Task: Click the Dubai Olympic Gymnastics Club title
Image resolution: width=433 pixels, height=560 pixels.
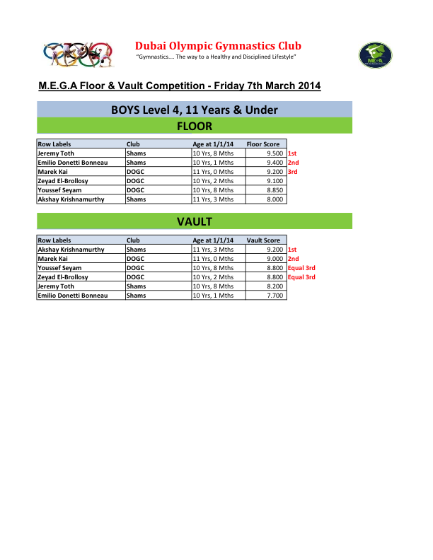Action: (x=218, y=46)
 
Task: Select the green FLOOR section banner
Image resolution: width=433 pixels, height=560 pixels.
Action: (x=194, y=127)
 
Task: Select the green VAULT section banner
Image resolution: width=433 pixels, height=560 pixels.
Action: (x=194, y=222)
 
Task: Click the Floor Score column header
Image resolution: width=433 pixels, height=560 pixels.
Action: (x=263, y=144)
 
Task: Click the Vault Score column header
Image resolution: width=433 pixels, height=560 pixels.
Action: (x=263, y=240)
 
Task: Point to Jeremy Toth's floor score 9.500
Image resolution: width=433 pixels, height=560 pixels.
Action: (x=275, y=153)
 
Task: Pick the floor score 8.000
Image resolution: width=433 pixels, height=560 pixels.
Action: (x=275, y=199)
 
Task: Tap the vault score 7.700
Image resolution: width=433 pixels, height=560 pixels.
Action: (x=275, y=296)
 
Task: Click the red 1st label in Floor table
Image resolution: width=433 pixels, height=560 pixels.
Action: (x=291, y=153)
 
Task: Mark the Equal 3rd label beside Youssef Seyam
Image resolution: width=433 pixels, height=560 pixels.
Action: (x=301, y=268)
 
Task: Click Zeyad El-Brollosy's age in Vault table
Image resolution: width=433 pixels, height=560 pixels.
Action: (x=213, y=277)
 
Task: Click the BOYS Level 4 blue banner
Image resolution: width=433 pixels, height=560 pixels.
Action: (x=194, y=110)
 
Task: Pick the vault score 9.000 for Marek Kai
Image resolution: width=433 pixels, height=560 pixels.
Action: (x=275, y=259)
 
